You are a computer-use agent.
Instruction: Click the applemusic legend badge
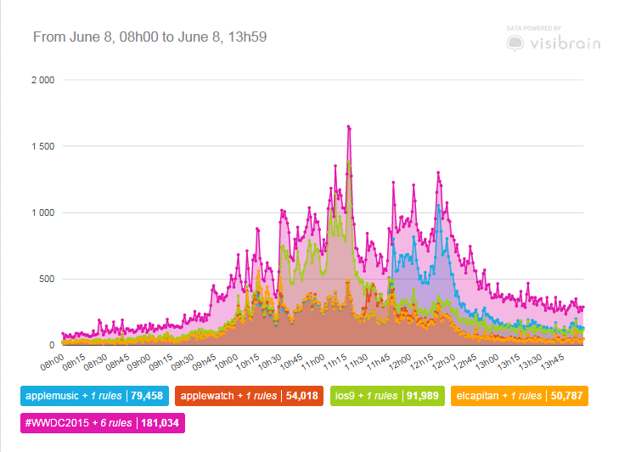point(93,396)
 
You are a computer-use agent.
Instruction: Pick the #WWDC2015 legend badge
point(100,421)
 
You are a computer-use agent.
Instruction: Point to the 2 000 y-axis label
point(42,80)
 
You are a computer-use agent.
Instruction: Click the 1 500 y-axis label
point(42,146)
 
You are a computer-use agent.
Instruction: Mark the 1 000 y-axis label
point(42,212)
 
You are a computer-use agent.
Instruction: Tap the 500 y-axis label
point(46,279)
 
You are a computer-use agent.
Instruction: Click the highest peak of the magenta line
point(348,127)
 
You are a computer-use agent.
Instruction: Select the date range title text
point(151,37)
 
